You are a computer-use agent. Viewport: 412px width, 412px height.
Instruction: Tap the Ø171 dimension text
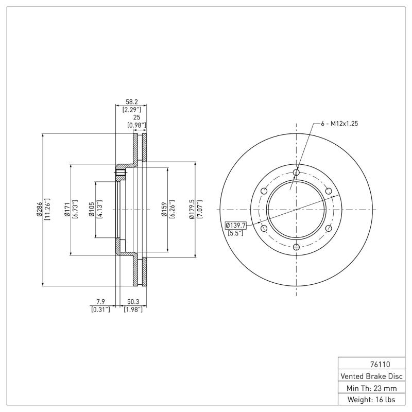(67, 210)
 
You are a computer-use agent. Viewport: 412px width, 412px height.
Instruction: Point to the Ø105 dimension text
(92, 210)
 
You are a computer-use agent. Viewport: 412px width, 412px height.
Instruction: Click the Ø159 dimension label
(164, 210)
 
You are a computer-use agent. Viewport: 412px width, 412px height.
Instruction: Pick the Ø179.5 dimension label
(192, 210)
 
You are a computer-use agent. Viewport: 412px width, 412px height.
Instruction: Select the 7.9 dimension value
(100, 302)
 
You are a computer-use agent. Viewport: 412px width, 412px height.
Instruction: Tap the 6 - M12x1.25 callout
(339, 124)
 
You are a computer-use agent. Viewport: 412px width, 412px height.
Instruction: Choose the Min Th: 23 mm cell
(371, 387)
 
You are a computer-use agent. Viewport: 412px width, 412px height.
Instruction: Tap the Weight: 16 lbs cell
(371, 399)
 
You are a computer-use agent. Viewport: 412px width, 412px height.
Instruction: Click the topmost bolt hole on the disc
(296, 172)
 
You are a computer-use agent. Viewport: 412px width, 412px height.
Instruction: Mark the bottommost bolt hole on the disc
(296, 248)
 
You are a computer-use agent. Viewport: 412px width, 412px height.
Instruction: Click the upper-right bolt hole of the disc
(329, 191)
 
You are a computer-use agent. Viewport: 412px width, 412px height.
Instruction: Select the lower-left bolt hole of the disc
(264, 229)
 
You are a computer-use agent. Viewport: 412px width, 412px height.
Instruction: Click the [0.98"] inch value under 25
(137, 125)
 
